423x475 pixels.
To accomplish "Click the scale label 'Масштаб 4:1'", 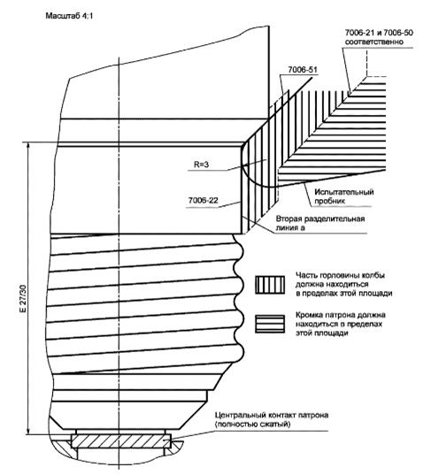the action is click(x=69, y=16).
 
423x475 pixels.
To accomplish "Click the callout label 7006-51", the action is click(x=302, y=70).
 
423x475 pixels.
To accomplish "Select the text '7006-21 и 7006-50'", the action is click(x=379, y=33).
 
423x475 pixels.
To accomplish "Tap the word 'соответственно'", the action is click(x=374, y=42).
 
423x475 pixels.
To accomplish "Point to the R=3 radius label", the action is click(x=202, y=165).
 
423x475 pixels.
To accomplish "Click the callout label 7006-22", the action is click(x=203, y=201).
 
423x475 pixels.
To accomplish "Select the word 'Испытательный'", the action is click(x=344, y=192).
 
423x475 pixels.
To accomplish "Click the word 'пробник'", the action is click(x=330, y=201).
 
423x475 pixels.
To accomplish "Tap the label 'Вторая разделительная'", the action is click(x=320, y=219).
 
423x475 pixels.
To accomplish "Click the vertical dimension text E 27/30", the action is click(x=24, y=298).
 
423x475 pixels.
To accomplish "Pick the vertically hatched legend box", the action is click(x=270, y=285).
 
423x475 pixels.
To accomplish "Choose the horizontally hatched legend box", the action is click(x=270, y=324).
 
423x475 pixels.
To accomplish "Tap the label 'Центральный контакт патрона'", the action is click(x=272, y=415).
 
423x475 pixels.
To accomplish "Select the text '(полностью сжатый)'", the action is click(x=252, y=424).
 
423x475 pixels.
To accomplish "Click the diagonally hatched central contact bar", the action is click(x=121, y=441).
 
